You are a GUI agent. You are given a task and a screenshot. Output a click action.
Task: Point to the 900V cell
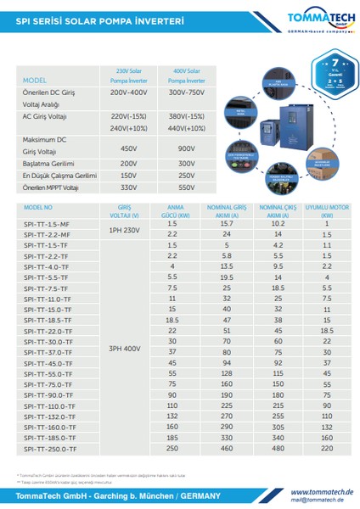(x=187, y=148)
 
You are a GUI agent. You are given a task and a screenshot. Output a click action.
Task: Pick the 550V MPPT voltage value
(x=187, y=187)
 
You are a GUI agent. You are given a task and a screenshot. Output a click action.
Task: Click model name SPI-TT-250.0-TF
(x=50, y=448)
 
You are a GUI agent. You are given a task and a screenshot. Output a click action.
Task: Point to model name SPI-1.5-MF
(x=47, y=223)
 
